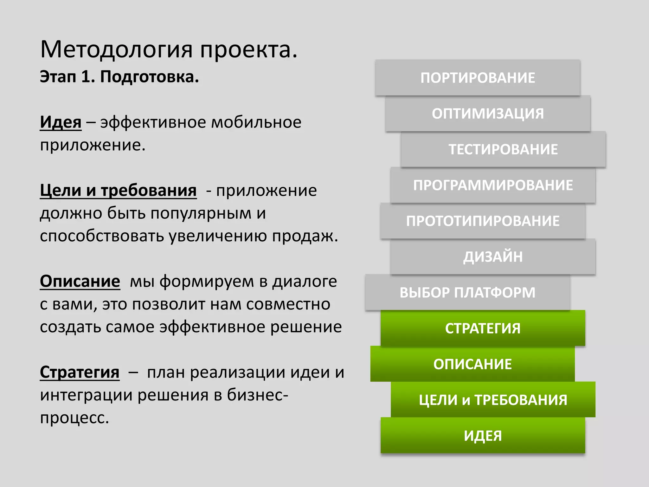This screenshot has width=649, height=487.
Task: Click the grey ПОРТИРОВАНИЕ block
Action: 478,78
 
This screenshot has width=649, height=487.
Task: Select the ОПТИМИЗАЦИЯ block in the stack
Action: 488,114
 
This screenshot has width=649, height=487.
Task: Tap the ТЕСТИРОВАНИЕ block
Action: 503,149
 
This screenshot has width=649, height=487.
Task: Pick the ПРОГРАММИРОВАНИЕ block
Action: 493,185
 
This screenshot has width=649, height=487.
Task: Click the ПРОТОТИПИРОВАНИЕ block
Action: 483,221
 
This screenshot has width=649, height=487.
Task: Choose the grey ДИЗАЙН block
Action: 493,257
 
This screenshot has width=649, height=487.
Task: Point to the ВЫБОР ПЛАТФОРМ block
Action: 467,292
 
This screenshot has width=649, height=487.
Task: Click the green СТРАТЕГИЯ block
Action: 483,328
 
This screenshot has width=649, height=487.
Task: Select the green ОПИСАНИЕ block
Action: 472,364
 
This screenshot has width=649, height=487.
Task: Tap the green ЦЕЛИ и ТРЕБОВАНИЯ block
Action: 493,400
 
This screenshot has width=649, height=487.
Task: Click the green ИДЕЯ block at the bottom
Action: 483,436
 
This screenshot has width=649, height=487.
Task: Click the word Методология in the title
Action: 116,50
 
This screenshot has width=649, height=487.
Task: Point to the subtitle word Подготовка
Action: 149,77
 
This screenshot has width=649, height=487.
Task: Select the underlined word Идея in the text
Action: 61,122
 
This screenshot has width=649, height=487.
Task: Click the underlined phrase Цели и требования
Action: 118,191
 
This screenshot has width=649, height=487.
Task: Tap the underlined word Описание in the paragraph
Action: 80,281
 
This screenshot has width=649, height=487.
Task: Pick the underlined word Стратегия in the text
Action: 80,372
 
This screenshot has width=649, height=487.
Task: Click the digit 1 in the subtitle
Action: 86,77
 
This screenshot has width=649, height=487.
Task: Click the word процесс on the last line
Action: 74,418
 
